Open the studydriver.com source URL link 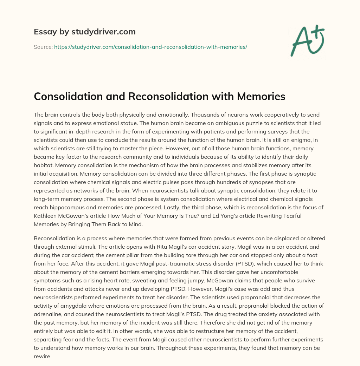tap(150, 46)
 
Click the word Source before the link tap(43, 46)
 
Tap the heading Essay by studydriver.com tap(84, 32)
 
